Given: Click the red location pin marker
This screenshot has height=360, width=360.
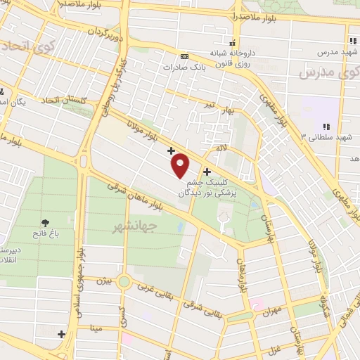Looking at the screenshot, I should (181, 165).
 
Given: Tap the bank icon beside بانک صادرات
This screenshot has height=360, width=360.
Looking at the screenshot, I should (184, 56).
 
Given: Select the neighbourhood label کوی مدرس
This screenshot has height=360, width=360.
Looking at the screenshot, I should (324, 73).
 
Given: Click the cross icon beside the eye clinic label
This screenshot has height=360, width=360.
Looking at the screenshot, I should (207, 172).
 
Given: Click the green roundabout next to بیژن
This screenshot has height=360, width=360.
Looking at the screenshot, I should (124, 282).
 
